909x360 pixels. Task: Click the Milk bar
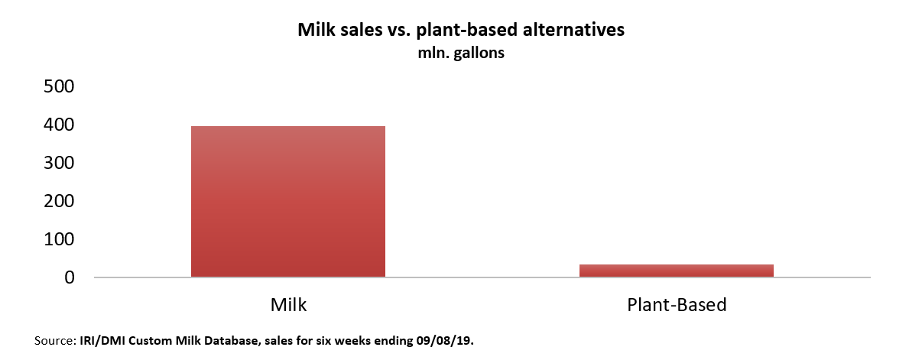click(x=287, y=201)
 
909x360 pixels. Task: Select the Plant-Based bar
click(x=676, y=270)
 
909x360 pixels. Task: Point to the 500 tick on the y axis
click(x=58, y=86)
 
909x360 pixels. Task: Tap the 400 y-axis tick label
click(x=58, y=125)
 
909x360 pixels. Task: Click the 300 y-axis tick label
click(x=58, y=163)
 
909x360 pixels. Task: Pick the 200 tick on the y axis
click(x=58, y=201)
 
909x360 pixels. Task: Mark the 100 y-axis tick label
click(x=58, y=239)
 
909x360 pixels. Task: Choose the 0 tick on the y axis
click(x=69, y=277)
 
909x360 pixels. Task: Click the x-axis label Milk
click(x=288, y=305)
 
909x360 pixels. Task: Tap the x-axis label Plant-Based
click(x=676, y=305)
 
